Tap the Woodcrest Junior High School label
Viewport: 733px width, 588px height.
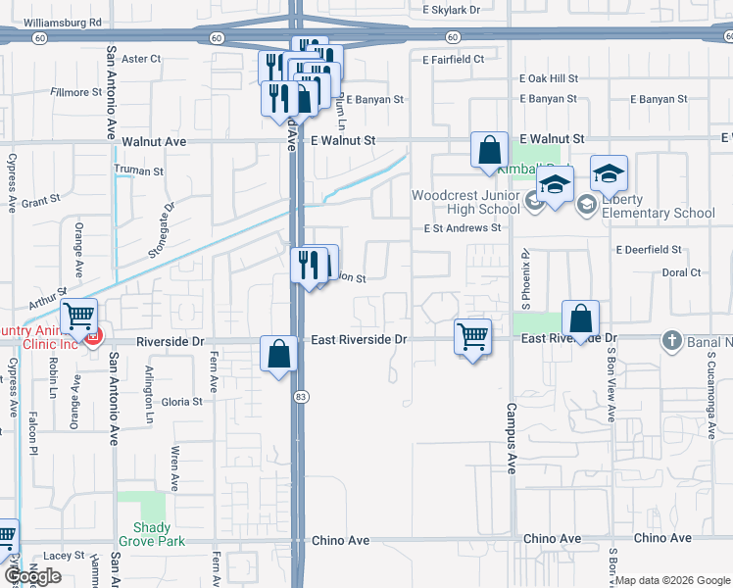pyautogui.click(x=465, y=202)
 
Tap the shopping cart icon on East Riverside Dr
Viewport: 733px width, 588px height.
pyautogui.click(x=473, y=337)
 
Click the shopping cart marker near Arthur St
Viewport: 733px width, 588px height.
pyautogui.click(x=78, y=316)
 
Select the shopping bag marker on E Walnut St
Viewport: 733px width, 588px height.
pyautogui.click(x=489, y=151)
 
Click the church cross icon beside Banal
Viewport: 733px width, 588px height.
pyautogui.click(x=671, y=340)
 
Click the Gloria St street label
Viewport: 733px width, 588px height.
pyautogui.click(x=181, y=402)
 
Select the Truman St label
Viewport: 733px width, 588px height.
pyautogui.click(x=138, y=171)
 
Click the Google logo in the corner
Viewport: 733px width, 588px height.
pyautogui.click(x=32, y=576)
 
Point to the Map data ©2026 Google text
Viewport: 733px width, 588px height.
pyautogui.click(x=672, y=580)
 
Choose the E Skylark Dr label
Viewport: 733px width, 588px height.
pyautogui.click(x=452, y=9)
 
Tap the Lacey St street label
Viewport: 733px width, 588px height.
pyautogui.click(x=65, y=555)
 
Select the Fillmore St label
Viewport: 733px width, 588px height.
pyautogui.click(x=75, y=92)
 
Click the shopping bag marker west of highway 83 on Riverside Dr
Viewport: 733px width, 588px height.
pyautogui.click(x=279, y=353)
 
